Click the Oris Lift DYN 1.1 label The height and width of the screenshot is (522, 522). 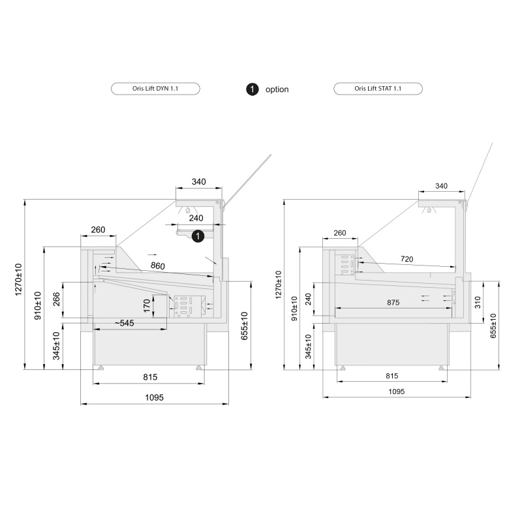[155, 89]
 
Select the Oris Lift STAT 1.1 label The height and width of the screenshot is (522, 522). [378, 89]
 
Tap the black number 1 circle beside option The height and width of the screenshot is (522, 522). [252, 89]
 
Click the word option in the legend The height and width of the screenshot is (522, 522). [277, 89]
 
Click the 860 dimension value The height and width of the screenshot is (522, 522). [157, 266]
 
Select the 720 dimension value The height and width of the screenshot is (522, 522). [407, 259]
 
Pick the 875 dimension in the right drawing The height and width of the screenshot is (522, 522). [393, 303]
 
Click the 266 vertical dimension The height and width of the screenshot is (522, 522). [57, 299]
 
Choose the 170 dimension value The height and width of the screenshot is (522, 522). [147, 305]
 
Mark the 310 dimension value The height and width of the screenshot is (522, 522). [478, 302]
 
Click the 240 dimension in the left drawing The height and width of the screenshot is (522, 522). [196, 218]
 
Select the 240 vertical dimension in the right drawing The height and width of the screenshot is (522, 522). [308, 299]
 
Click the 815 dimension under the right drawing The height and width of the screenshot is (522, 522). [392, 376]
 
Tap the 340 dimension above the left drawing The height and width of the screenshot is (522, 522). [199, 181]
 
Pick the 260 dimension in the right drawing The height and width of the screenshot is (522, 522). [339, 233]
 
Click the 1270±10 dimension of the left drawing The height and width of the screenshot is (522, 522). [19, 285]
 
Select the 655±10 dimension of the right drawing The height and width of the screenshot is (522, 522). [493, 325]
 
